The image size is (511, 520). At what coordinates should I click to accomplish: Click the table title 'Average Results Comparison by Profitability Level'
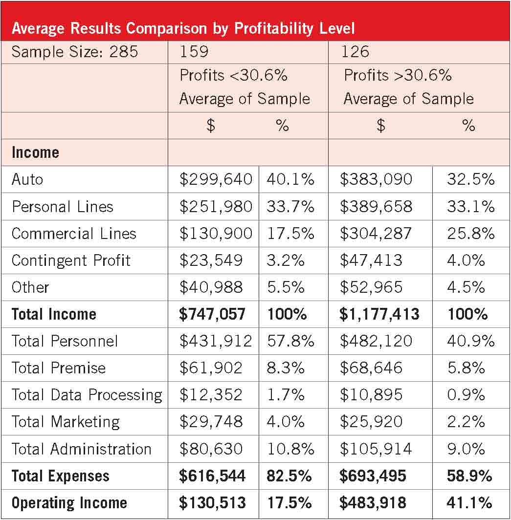point(183,28)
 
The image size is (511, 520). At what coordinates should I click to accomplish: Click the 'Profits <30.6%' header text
point(234,76)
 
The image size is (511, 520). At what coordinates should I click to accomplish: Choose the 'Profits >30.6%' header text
point(398,76)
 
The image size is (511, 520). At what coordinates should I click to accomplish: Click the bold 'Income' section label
point(35,152)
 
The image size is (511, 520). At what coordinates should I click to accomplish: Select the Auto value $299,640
point(216,179)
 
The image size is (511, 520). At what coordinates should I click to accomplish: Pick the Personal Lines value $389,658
point(376,206)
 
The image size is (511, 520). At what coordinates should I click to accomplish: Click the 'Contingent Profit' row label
point(71,260)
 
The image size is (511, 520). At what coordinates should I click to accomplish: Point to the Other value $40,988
point(211,287)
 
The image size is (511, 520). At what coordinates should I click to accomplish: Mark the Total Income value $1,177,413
point(379,314)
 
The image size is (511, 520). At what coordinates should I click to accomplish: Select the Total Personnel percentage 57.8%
point(290,341)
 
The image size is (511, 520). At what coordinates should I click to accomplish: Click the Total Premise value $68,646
point(371,368)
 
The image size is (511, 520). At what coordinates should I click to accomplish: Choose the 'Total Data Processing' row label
point(87,394)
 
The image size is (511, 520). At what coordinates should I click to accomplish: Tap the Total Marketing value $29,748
point(211,422)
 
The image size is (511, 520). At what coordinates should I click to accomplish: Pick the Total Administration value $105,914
point(376,449)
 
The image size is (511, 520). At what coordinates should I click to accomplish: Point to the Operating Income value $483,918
point(373,503)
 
